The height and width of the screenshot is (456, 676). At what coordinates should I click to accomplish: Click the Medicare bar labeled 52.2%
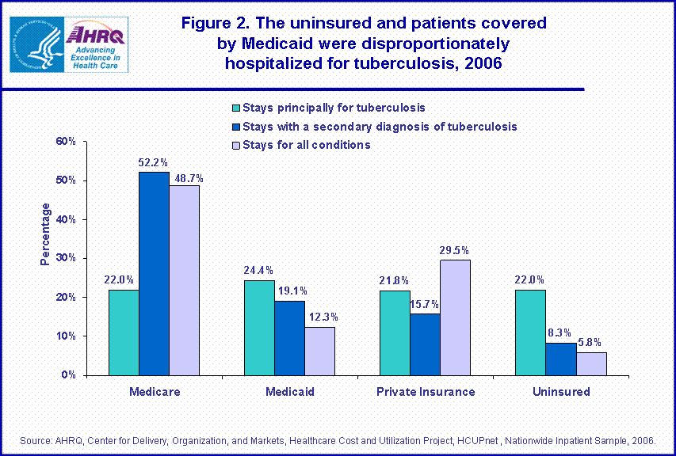click(154, 273)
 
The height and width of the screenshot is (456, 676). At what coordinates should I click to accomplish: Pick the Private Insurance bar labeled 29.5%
click(455, 317)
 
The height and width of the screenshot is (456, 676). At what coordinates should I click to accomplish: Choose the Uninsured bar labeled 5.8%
click(591, 363)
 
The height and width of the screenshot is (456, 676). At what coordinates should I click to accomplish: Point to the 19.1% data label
click(289, 291)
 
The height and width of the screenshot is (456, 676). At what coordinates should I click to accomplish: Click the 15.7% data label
click(425, 304)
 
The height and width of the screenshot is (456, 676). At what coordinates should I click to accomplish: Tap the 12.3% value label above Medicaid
click(319, 317)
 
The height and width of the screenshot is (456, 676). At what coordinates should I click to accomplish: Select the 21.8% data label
click(395, 280)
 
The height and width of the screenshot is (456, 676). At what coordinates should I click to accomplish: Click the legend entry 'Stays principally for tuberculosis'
click(334, 108)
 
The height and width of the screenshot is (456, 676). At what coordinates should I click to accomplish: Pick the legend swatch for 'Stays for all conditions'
click(235, 145)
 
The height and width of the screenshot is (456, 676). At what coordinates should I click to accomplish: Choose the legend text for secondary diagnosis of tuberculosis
click(380, 126)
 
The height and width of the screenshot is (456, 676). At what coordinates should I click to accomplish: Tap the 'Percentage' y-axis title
click(46, 234)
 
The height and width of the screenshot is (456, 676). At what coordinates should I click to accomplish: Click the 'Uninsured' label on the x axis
click(561, 392)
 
